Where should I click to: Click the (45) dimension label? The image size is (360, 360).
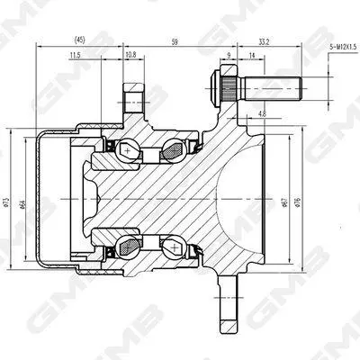pyautogui.click(x=80, y=40)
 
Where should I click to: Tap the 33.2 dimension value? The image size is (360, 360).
pyautogui.click(x=264, y=40)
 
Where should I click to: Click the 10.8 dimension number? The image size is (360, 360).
pyautogui.click(x=130, y=55)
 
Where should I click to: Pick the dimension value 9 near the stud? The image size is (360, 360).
pyautogui.click(x=229, y=56)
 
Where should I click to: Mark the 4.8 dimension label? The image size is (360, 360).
pyautogui.click(x=262, y=113)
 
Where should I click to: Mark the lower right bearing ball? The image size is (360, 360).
pyautogui.click(x=173, y=244)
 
